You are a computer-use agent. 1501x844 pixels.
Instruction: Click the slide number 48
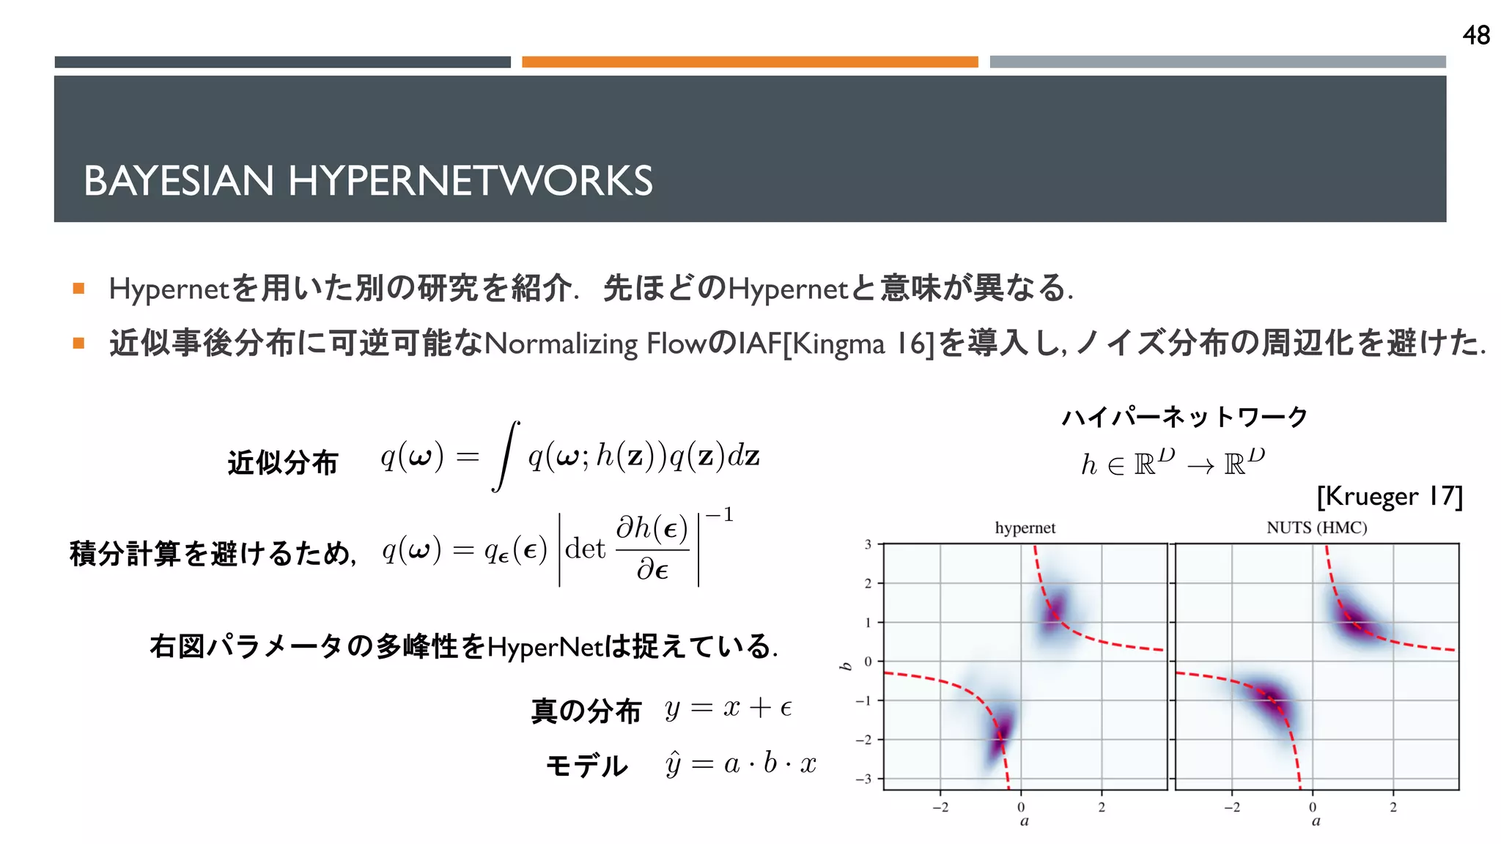pyautogui.click(x=1475, y=35)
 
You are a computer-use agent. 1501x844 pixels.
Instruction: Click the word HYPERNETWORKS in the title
pyautogui.click(x=470, y=181)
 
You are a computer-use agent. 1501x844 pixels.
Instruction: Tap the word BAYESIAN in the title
pyautogui.click(x=178, y=181)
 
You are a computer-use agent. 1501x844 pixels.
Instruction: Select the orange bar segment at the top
pyautogui.click(x=750, y=62)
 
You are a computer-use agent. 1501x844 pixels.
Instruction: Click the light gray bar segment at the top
pyautogui.click(x=1217, y=62)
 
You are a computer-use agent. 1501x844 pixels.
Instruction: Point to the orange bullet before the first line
pyautogui.click(x=78, y=289)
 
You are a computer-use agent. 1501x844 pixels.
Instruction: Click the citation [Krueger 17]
pyautogui.click(x=1389, y=497)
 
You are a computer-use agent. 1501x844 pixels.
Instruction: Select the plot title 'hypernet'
pyautogui.click(x=1025, y=527)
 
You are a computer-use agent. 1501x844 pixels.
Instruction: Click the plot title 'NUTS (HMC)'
pyautogui.click(x=1316, y=527)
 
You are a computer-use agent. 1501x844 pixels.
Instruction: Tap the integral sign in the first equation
pyautogui.click(x=506, y=456)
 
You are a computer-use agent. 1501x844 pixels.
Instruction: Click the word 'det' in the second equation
pyautogui.click(x=585, y=548)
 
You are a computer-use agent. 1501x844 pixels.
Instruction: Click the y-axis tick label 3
pyautogui.click(x=868, y=544)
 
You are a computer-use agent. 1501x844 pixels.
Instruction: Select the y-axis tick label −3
pyautogui.click(x=864, y=779)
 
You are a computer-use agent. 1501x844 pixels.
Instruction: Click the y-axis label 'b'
pyautogui.click(x=846, y=666)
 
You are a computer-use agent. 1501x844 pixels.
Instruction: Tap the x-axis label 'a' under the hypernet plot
pyautogui.click(x=1024, y=821)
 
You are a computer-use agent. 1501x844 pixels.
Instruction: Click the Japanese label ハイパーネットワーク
pyautogui.click(x=1184, y=417)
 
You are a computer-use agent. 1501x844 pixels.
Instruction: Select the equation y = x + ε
pyautogui.click(x=729, y=708)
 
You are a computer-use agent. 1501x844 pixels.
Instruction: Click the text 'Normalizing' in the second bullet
pyautogui.click(x=561, y=344)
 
